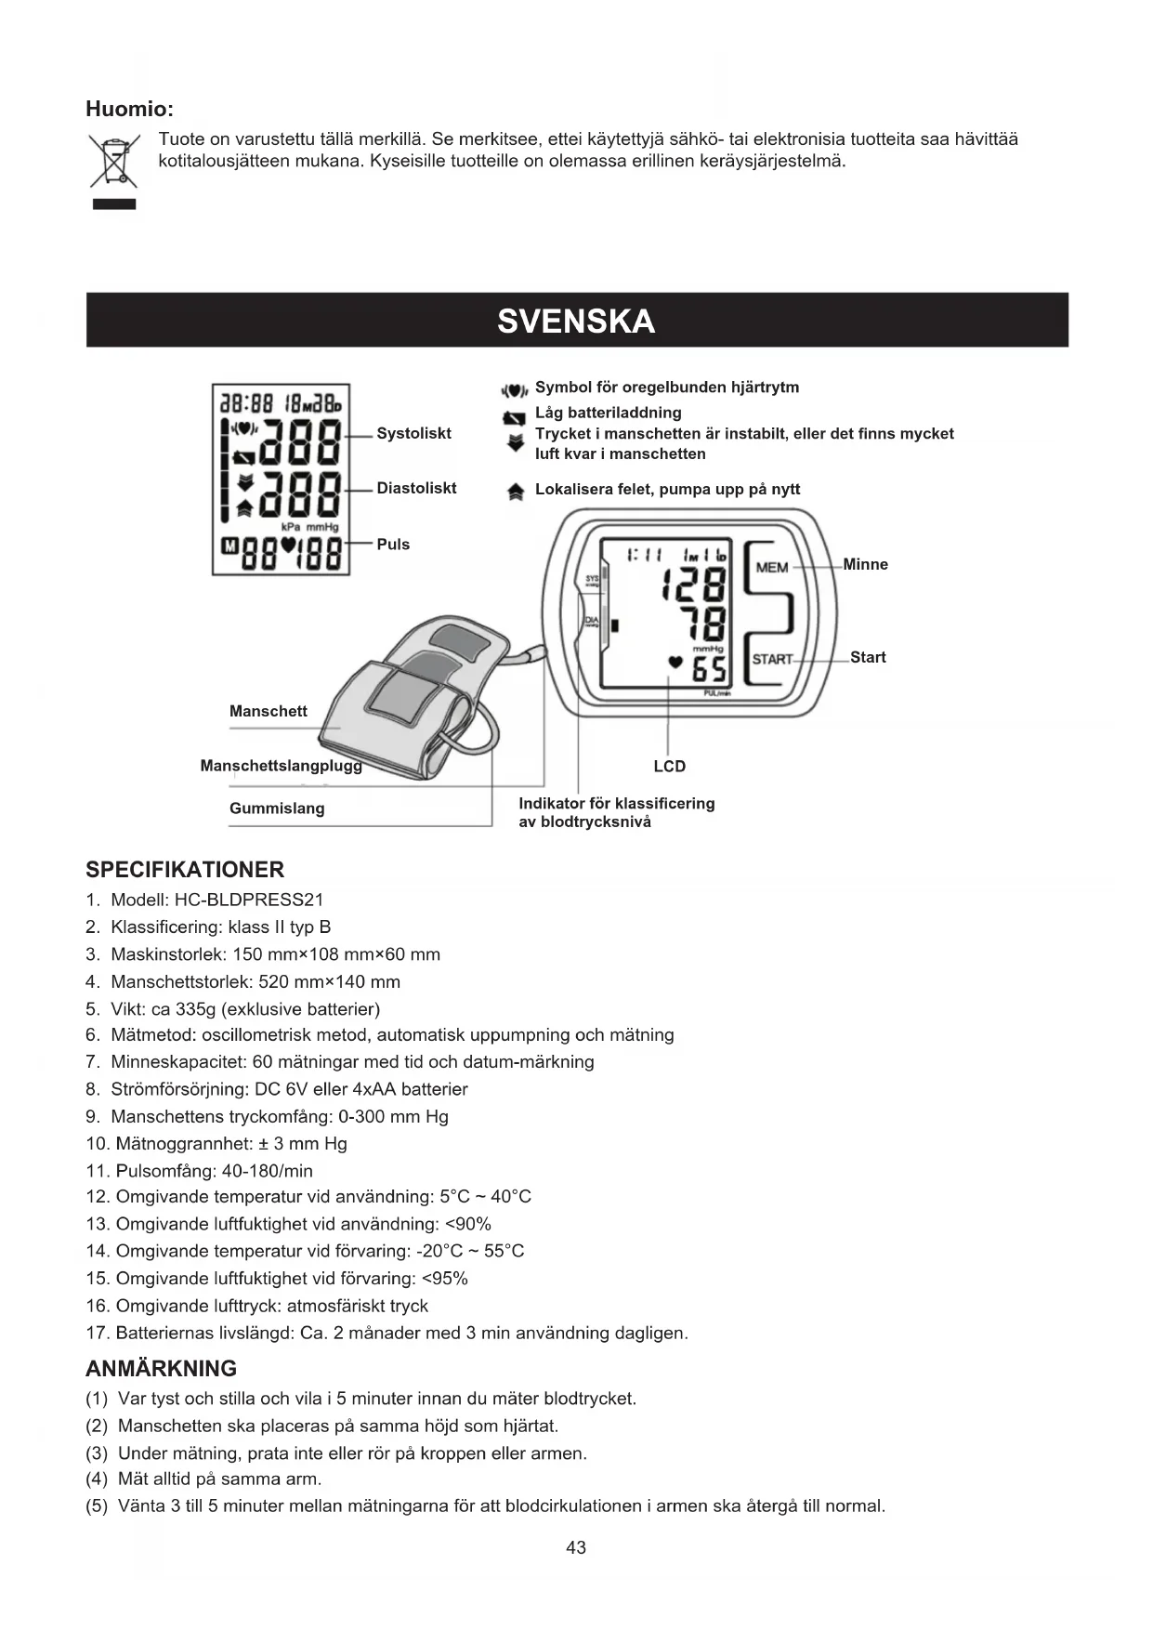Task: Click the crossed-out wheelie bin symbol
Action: tap(113, 162)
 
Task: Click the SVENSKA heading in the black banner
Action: tap(576, 322)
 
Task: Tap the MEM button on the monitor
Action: tap(772, 567)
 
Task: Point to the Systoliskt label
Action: tap(413, 433)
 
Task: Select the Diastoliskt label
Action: tap(416, 488)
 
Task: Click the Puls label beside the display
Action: tap(393, 545)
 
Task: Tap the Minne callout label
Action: tap(865, 564)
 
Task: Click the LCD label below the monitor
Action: tap(669, 766)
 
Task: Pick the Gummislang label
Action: tap(277, 808)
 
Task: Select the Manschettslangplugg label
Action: tap(281, 766)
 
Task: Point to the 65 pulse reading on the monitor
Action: tap(709, 667)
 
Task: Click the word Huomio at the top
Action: tap(129, 109)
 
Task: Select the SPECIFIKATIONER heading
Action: tap(185, 870)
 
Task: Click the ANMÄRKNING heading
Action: tap(161, 1368)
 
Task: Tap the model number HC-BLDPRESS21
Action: tap(248, 900)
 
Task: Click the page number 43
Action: tap(576, 1547)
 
